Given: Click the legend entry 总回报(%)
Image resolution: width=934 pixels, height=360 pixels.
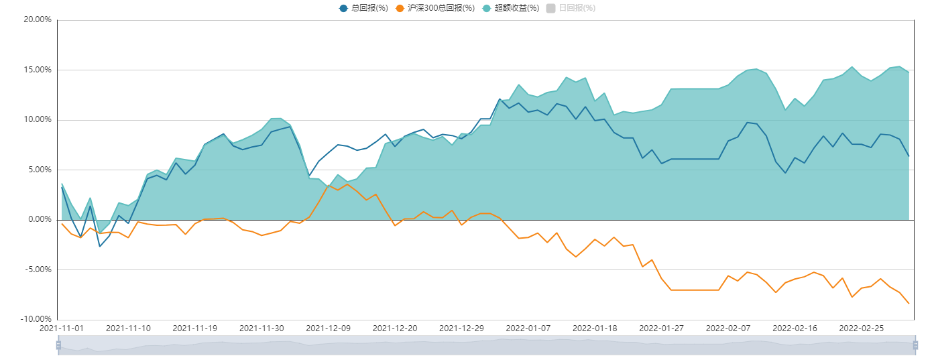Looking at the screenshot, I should click(x=364, y=8).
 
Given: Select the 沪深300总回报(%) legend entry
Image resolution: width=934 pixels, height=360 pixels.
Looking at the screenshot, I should click(x=435, y=8).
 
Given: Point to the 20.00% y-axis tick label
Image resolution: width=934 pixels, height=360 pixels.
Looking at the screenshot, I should click(x=38, y=19).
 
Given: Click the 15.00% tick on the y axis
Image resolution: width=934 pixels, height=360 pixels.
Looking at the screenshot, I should click(x=38, y=70).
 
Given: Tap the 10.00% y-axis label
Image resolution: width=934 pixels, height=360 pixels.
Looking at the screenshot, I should click(x=38, y=119).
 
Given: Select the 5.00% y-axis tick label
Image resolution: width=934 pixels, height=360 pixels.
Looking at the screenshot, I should click(x=39, y=170).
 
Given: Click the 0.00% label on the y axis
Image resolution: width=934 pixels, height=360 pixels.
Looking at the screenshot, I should click(x=39, y=219).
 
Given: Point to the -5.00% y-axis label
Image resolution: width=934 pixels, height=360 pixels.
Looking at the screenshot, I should click(x=38, y=269).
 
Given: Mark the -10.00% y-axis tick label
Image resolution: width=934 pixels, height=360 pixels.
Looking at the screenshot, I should click(x=36, y=319).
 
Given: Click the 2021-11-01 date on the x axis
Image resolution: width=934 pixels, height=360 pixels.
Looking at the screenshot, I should click(x=61, y=328).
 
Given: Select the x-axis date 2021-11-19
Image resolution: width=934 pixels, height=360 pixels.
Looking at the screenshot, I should click(x=194, y=328).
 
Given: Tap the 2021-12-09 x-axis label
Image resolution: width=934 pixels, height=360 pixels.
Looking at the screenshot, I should click(x=328, y=328).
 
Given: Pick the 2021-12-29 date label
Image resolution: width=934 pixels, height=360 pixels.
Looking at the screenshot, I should click(x=461, y=328).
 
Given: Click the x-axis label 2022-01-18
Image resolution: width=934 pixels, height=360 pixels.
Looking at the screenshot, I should click(x=595, y=328).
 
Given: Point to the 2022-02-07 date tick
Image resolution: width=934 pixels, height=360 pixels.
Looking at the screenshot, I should click(x=728, y=328).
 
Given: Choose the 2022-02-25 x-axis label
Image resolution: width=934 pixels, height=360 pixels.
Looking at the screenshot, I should click(x=862, y=328).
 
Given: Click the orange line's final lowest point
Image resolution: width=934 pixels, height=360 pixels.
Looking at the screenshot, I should click(x=909, y=304).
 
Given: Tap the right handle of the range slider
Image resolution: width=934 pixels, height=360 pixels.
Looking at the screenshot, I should click(x=915, y=346).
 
